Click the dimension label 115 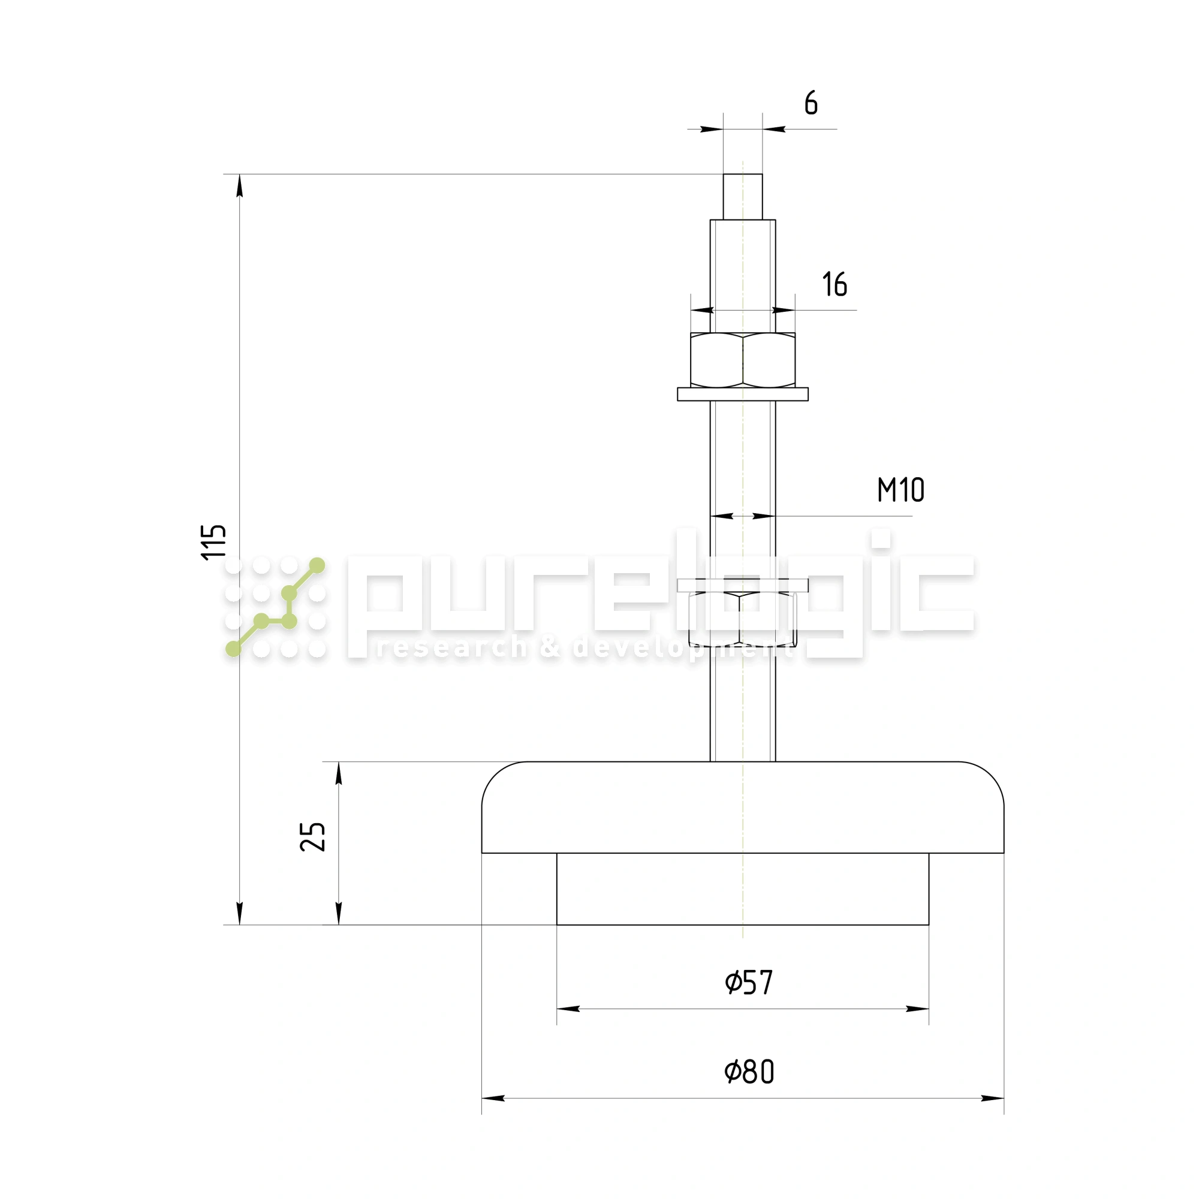point(214,542)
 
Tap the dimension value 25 point(313,836)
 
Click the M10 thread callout point(900,490)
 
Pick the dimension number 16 point(835,284)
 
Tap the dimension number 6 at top point(811,103)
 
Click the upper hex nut point(743,360)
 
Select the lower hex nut point(743,619)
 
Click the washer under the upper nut point(743,394)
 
